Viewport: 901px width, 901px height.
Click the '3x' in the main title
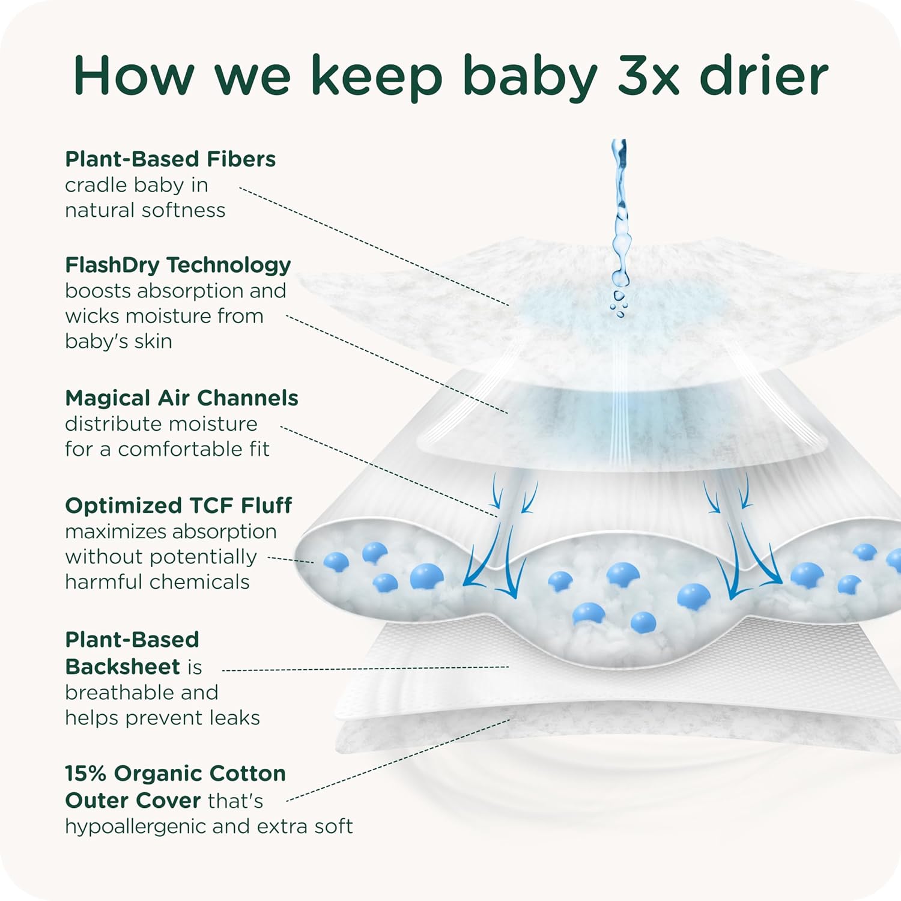click(649, 76)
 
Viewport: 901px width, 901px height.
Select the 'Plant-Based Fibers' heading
click(171, 159)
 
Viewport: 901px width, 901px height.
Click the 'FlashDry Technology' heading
click(178, 265)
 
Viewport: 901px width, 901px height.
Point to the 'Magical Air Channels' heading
click(181, 398)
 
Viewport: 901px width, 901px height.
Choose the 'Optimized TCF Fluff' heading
click(178, 506)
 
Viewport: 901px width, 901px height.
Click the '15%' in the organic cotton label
click(86, 773)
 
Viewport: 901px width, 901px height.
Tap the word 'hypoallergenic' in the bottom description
click(136, 827)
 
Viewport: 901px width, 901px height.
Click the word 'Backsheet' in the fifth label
click(123, 667)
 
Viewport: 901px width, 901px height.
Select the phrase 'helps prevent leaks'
click(162, 717)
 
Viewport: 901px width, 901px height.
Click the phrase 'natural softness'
click(145, 210)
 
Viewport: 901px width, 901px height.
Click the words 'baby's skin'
click(119, 341)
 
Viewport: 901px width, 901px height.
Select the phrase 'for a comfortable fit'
click(167, 449)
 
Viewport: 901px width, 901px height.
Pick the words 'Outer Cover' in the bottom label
click(133, 800)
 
